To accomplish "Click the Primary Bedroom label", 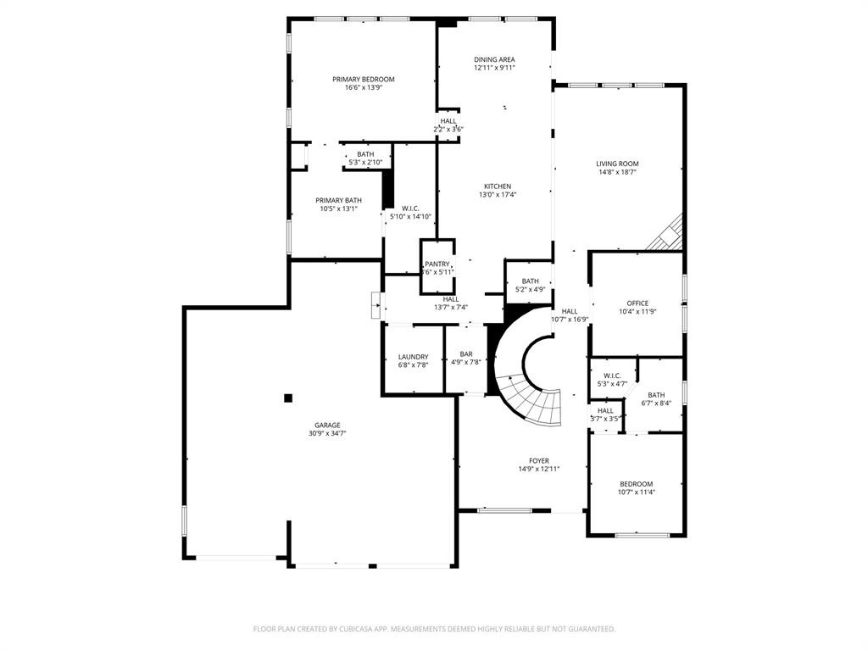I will [x=363, y=79].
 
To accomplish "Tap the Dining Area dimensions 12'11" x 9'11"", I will [x=494, y=68].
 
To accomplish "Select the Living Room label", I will [x=617, y=164].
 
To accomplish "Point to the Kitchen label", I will [x=498, y=186].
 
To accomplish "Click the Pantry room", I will [x=437, y=267].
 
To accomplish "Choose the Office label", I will [x=637, y=303].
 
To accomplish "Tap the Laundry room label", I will [x=413, y=357].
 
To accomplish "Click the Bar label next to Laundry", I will [x=466, y=353].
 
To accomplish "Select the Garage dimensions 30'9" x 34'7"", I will [x=327, y=433].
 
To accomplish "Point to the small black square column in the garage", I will [x=288, y=397].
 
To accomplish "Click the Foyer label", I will [x=539, y=460].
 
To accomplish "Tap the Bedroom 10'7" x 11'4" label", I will [x=636, y=484].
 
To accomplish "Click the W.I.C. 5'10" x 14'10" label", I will [x=410, y=208].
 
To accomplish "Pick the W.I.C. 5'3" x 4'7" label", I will [x=612, y=376].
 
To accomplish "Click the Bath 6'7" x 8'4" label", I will [x=656, y=394].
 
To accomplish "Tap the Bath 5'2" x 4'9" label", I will [x=530, y=281].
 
